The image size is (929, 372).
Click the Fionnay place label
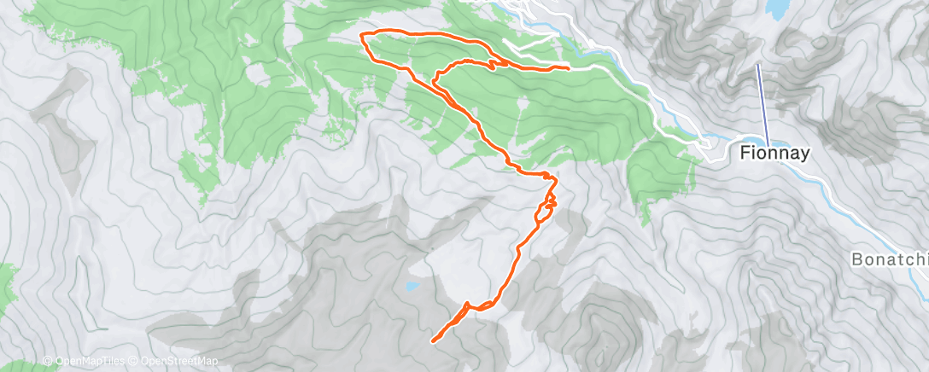[774, 154]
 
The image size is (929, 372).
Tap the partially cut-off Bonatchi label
[888, 258]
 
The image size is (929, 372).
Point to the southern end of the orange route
[434, 340]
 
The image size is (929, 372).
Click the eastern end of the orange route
[569, 67]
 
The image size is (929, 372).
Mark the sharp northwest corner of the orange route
[365, 33]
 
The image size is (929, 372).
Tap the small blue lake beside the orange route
[412, 287]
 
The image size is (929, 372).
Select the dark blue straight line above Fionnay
[762, 102]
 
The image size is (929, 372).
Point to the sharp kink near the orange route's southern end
[466, 305]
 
